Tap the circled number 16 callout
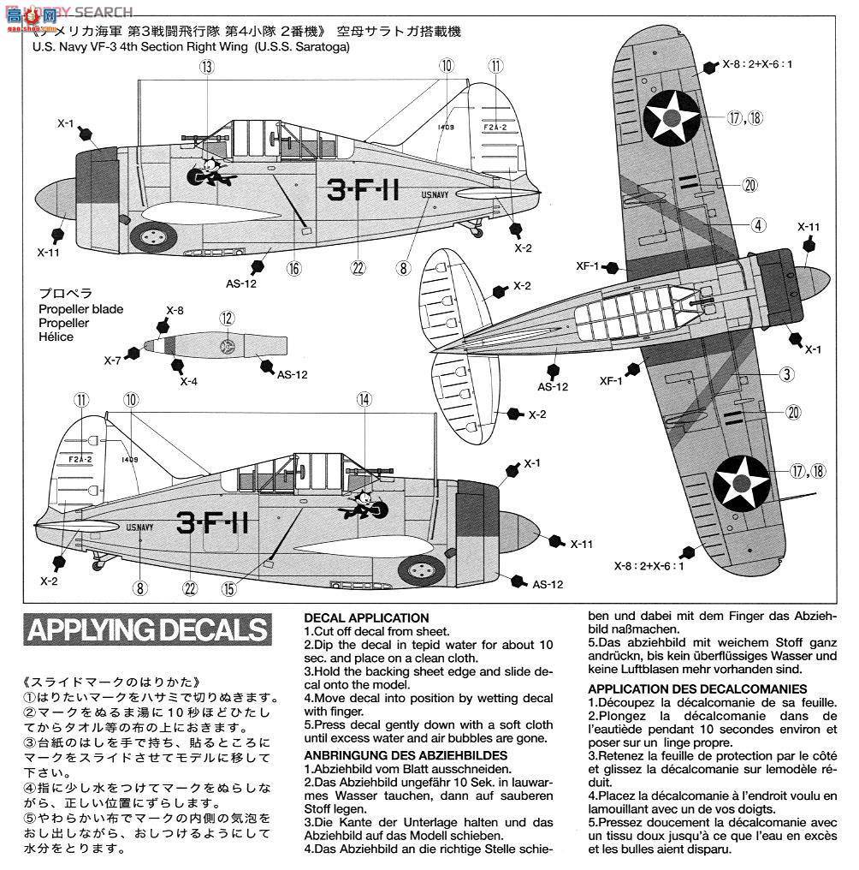pyautogui.click(x=294, y=268)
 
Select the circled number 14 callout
pyautogui.click(x=364, y=399)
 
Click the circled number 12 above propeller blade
pyautogui.click(x=226, y=318)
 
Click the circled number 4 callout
pyautogui.click(x=758, y=225)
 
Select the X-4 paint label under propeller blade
pyautogui.click(x=189, y=381)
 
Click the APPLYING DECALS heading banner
pyautogui.click(x=147, y=631)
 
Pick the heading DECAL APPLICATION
pyautogui.click(x=366, y=617)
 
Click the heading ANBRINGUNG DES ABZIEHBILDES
pyautogui.click(x=406, y=754)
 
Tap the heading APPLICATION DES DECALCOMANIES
pyautogui.click(x=697, y=688)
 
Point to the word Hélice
pyautogui.click(x=56, y=337)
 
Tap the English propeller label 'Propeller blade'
pyautogui.click(x=80, y=309)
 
